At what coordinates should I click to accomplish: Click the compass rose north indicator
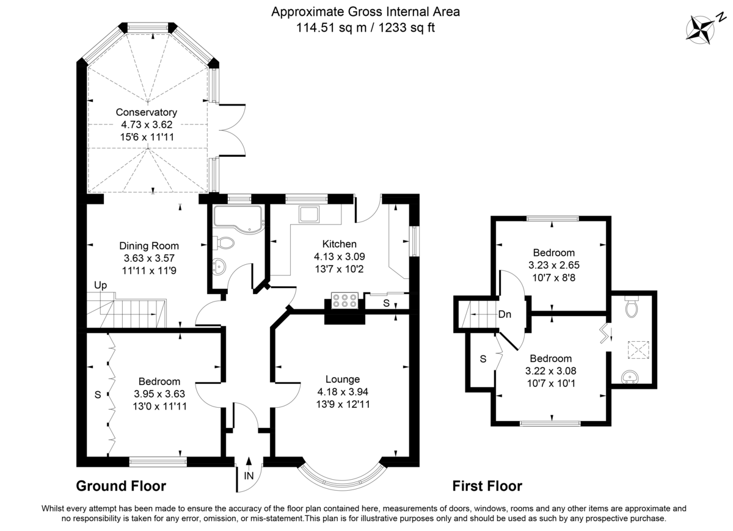(701, 29)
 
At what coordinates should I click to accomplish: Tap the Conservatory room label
(147, 112)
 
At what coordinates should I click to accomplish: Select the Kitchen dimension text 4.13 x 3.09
(339, 256)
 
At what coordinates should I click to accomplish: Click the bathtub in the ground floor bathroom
(237, 218)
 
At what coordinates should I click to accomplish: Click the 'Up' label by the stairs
(100, 285)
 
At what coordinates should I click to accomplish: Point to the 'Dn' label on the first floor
(505, 315)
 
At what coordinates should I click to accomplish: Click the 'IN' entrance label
(249, 475)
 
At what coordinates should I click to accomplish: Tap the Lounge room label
(342, 379)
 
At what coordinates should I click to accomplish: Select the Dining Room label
(148, 245)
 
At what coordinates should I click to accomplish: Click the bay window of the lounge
(342, 475)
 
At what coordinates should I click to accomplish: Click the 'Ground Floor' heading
(121, 486)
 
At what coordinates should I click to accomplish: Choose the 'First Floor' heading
(487, 486)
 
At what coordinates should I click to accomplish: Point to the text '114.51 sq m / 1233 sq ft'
(365, 27)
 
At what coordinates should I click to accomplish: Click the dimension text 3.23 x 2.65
(553, 265)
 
